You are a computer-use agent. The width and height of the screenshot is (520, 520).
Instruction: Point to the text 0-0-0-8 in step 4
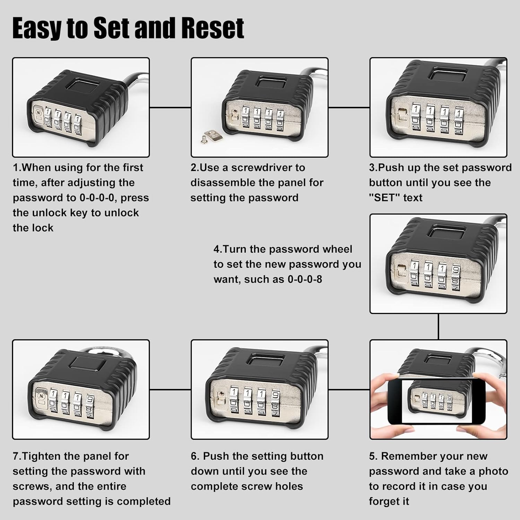[x=305, y=279]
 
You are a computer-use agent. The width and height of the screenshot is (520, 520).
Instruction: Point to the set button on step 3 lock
[x=402, y=114]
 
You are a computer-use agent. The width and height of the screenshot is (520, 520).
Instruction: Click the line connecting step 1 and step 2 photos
[x=170, y=107]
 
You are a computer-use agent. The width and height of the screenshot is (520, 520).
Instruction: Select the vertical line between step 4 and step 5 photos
[x=438, y=327]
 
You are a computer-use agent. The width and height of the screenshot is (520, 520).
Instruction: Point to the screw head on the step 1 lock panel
[x=38, y=112]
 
